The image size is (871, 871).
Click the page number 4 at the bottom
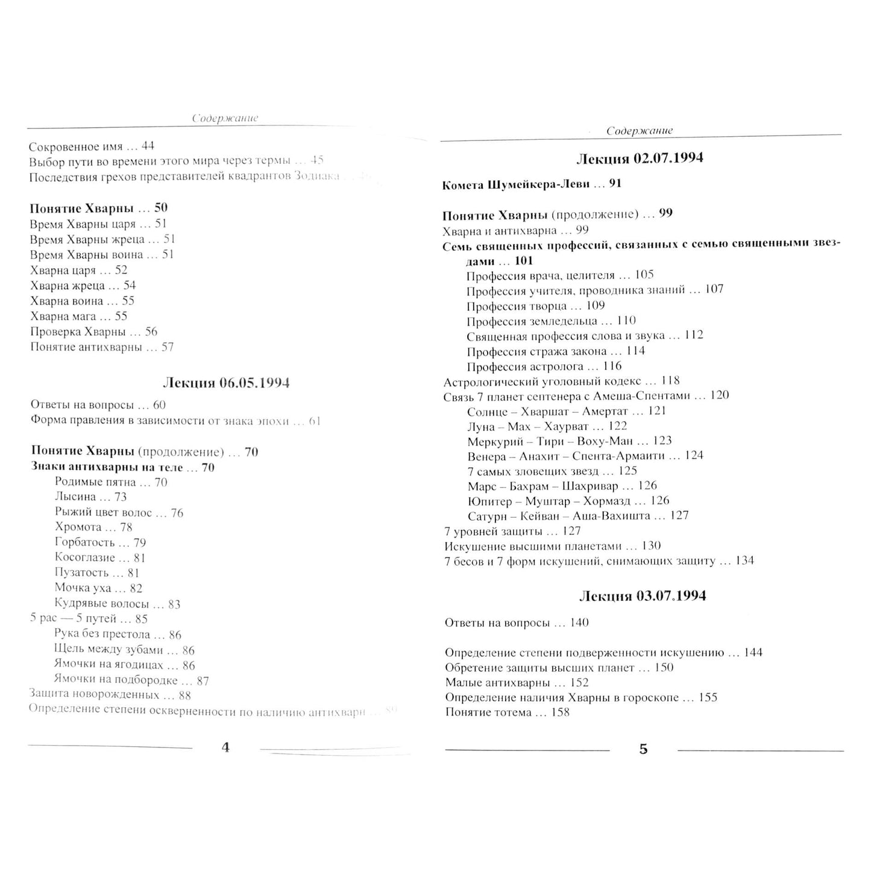pos(226,747)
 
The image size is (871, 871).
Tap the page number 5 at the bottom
pos(643,749)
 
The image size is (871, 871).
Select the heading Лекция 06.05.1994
pos(226,383)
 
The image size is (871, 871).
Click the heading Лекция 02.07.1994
pos(640,159)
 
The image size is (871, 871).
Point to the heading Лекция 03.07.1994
pos(642,596)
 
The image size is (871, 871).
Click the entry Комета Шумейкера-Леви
pos(515,184)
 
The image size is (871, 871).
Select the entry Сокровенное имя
pos(76,146)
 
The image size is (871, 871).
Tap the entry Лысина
pos(75,497)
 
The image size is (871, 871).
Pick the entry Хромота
pos(78,527)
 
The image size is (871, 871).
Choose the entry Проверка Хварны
pos(78,332)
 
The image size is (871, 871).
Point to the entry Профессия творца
pos(517,306)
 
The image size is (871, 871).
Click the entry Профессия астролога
pos(525,366)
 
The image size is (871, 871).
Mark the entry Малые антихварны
pos(497,683)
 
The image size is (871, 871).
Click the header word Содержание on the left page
pos(225,119)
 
